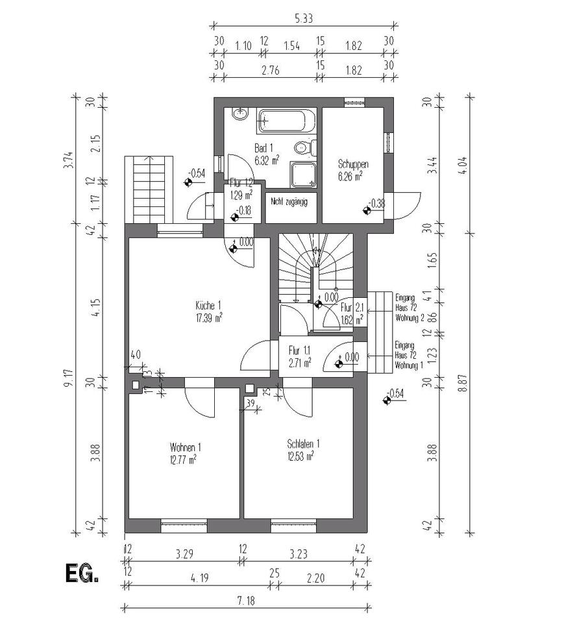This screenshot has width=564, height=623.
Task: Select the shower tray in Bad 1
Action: point(304,172)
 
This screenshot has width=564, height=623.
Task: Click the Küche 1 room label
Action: point(209,306)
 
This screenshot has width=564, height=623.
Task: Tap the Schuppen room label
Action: point(353,165)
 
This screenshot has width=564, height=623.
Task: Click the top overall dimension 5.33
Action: point(302,19)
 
